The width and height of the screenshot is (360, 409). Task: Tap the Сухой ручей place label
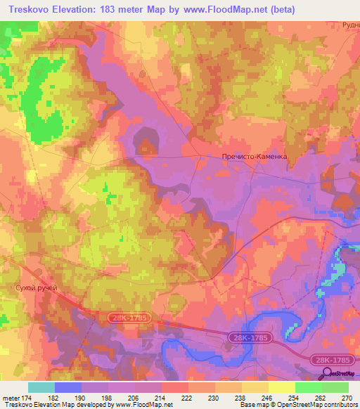(x=34, y=288)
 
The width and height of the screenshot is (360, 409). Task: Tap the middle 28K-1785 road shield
(x=248, y=339)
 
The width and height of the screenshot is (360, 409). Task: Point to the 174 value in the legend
(x=30, y=398)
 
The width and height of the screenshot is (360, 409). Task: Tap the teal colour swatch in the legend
(x=41, y=387)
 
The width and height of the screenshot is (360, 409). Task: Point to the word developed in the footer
(x=86, y=405)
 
